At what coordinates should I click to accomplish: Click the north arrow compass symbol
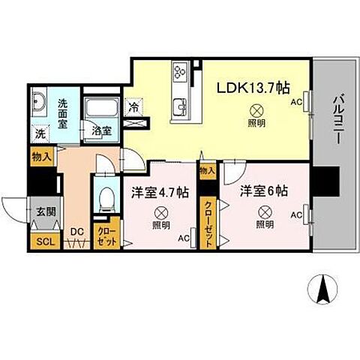323,289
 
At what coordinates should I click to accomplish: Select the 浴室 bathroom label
102,130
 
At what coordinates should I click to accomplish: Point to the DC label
75,231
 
